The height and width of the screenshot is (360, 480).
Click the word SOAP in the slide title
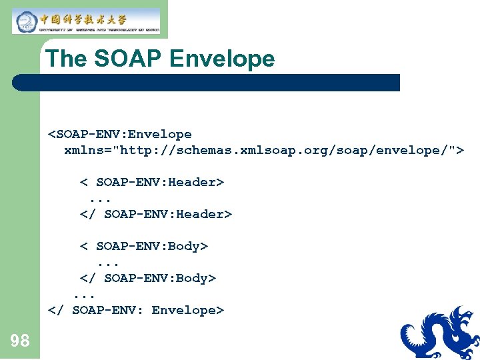click(x=128, y=59)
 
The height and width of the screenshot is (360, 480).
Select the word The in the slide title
click(x=67, y=59)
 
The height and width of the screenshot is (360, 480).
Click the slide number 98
click(x=20, y=341)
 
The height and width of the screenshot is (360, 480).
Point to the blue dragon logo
click(x=440, y=333)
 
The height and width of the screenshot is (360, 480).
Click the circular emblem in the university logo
click(x=25, y=21)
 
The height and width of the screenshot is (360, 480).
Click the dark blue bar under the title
click(x=207, y=83)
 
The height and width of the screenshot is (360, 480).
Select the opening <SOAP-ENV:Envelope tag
click(x=120, y=134)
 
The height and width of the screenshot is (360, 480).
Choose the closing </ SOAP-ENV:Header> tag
click(x=156, y=214)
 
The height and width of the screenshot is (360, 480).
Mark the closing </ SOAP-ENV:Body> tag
click(x=148, y=278)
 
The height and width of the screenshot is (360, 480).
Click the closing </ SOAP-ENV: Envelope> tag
click(x=136, y=310)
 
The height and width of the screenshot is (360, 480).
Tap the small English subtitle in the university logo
click(x=99, y=29)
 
